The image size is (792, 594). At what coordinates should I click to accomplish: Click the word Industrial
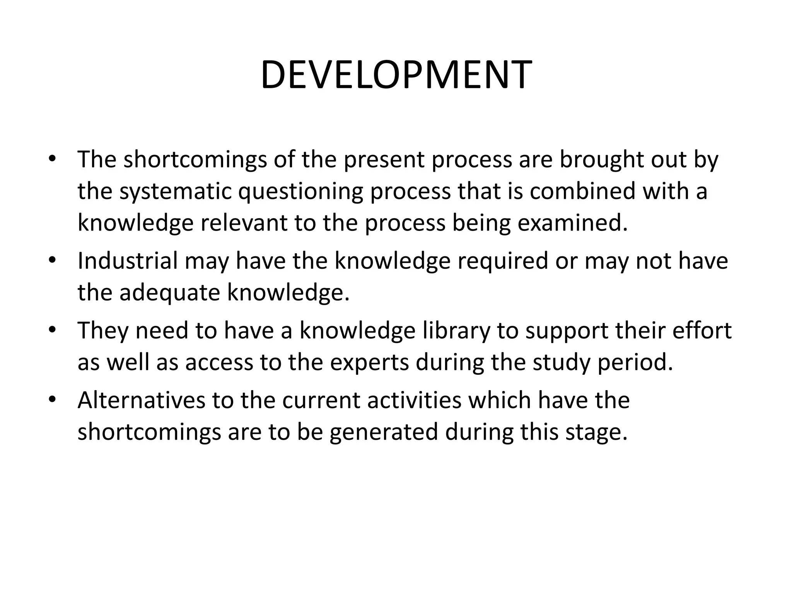click(x=128, y=261)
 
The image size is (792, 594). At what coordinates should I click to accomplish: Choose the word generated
click(x=384, y=432)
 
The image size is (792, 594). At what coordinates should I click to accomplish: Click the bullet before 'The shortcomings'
click(x=53, y=159)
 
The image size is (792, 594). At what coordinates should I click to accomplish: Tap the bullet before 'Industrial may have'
click(x=53, y=261)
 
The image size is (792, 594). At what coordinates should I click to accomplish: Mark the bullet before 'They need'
click(x=53, y=330)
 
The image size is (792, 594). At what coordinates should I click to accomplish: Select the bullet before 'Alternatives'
click(x=53, y=400)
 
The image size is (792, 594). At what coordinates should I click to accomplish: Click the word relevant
click(x=244, y=223)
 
